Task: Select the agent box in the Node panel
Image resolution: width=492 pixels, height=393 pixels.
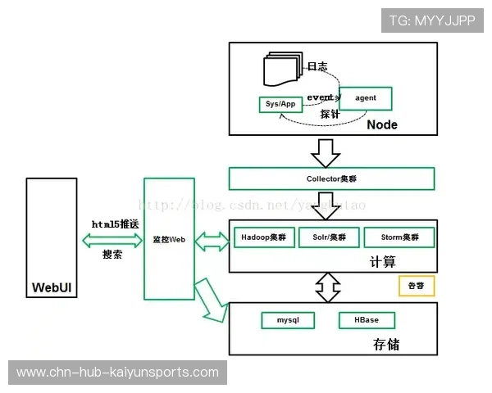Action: (366, 98)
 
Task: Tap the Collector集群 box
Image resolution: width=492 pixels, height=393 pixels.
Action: (331, 178)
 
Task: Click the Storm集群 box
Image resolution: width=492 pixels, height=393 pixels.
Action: (399, 237)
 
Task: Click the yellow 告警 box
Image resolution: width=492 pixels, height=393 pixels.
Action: (416, 286)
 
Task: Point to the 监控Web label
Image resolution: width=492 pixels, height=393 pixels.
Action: (169, 240)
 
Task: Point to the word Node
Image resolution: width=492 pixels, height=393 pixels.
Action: (382, 124)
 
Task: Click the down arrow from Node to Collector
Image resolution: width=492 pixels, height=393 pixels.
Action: (328, 151)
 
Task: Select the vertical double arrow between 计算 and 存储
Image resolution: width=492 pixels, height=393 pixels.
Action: (329, 287)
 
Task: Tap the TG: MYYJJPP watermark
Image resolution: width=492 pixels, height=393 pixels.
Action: (431, 20)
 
